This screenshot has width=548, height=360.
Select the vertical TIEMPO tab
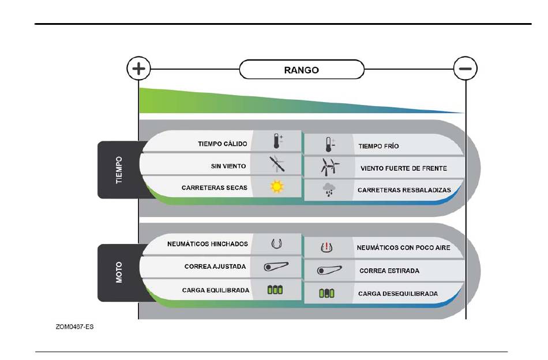(x=119, y=170)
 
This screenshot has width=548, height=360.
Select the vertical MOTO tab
(x=119, y=273)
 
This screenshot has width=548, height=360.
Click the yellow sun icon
(x=277, y=186)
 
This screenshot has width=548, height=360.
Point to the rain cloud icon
(x=329, y=190)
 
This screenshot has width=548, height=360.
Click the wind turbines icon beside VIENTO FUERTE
(x=329, y=167)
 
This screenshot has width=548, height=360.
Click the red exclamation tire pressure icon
(x=326, y=247)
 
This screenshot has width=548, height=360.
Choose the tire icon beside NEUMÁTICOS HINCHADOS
(x=276, y=243)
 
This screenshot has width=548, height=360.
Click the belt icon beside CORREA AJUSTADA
(x=276, y=267)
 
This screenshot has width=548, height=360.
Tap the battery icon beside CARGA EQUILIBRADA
(x=275, y=290)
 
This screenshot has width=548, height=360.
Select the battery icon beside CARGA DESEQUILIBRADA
(x=326, y=293)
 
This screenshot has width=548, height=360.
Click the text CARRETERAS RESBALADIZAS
(x=404, y=190)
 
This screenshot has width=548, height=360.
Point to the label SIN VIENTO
(x=228, y=166)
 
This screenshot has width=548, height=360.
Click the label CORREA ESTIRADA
(x=389, y=271)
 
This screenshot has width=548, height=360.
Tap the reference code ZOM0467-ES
(x=74, y=327)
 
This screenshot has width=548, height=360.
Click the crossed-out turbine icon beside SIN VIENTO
(x=277, y=164)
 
